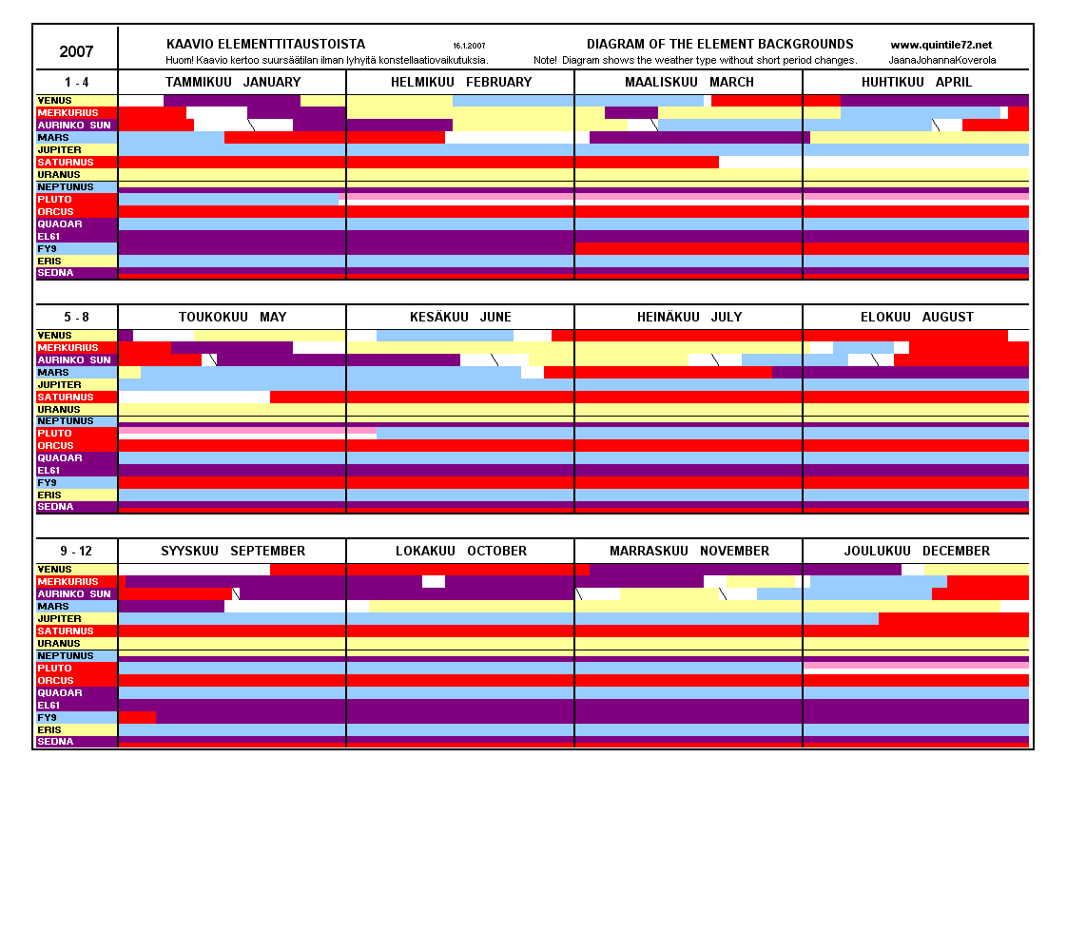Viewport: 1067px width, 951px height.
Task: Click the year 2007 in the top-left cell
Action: [x=76, y=51]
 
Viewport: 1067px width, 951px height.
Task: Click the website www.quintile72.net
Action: [x=941, y=45]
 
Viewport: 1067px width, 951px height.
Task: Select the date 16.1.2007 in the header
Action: [x=470, y=46]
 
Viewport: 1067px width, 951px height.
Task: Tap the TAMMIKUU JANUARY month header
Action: [x=232, y=83]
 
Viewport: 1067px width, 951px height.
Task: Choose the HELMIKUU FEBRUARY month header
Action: [x=461, y=83]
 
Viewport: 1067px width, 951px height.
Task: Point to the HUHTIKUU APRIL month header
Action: [x=917, y=83]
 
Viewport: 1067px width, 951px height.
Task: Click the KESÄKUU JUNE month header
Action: [x=460, y=317]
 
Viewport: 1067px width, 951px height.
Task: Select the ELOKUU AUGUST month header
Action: [x=917, y=317]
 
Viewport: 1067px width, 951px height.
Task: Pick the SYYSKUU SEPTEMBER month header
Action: [x=233, y=552]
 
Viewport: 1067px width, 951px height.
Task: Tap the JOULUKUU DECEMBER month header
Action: [x=917, y=552]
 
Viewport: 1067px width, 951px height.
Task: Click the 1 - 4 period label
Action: [x=76, y=83]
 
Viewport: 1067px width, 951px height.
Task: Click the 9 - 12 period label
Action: [x=76, y=552]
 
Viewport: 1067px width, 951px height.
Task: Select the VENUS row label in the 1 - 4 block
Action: [x=54, y=101]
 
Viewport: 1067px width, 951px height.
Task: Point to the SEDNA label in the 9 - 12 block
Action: [x=55, y=742]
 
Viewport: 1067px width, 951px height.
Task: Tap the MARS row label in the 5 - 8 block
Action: [x=53, y=373]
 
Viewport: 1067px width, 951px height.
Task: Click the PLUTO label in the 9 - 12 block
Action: [x=55, y=669]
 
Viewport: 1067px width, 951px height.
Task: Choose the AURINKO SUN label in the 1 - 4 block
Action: [x=74, y=126]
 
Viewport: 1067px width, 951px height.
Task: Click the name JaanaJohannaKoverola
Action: [x=942, y=60]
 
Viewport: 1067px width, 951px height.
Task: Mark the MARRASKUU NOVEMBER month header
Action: [x=689, y=552]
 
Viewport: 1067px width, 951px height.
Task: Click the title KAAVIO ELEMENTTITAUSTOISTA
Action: [x=265, y=45]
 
